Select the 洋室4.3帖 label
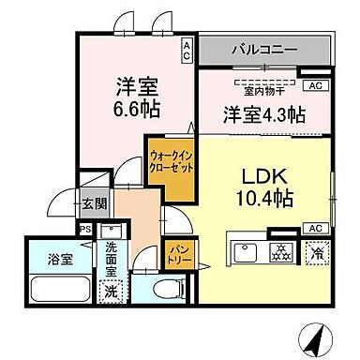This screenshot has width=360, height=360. click(262, 115)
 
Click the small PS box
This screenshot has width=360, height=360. click(83, 228)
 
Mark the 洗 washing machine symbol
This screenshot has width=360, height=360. click(111, 291)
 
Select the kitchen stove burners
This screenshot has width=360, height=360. click(280, 250)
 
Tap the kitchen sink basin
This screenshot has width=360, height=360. click(246, 251)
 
